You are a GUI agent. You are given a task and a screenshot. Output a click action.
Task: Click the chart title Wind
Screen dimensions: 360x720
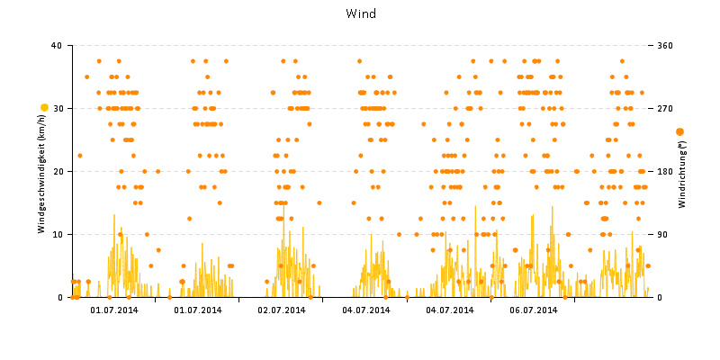click(360, 13)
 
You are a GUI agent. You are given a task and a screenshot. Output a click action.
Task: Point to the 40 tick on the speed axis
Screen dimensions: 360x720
click(57, 45)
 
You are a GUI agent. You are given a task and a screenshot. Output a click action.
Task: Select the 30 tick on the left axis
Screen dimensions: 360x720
click(57, 108)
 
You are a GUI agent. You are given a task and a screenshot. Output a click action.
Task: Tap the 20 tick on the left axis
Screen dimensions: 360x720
click(57, 171)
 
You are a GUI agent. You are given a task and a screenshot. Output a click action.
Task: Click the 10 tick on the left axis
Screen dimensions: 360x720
click(57, 234)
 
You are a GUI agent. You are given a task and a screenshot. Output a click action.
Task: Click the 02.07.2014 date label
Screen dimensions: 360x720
click(282, 310)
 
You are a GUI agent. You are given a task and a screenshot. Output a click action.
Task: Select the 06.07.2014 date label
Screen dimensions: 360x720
click(534, 310)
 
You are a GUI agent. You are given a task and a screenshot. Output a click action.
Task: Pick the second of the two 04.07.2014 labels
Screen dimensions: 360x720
click(450, 310)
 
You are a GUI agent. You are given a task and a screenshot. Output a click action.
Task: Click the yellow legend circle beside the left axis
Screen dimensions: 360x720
click(44, 108)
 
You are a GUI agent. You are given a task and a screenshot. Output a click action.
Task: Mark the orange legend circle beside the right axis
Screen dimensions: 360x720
click(679, 131)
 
